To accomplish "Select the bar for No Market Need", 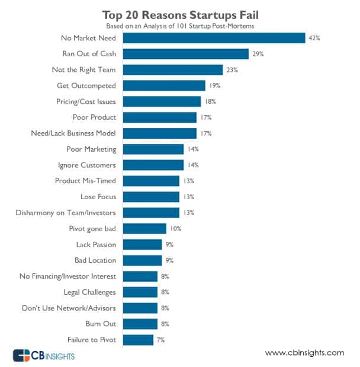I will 214,38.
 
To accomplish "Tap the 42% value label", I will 314,38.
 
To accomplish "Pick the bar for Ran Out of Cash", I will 186,54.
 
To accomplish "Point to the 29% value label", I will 258,54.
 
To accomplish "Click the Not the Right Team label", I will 83,70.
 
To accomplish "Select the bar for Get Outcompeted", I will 164,85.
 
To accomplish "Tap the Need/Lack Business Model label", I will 73,133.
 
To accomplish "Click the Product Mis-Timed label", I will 86,181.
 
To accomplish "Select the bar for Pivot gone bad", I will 144,228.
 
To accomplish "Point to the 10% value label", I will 176,228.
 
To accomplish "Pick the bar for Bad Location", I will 142,260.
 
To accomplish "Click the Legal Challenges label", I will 90,292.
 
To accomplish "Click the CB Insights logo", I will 46,355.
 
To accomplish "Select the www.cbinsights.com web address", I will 304,353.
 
